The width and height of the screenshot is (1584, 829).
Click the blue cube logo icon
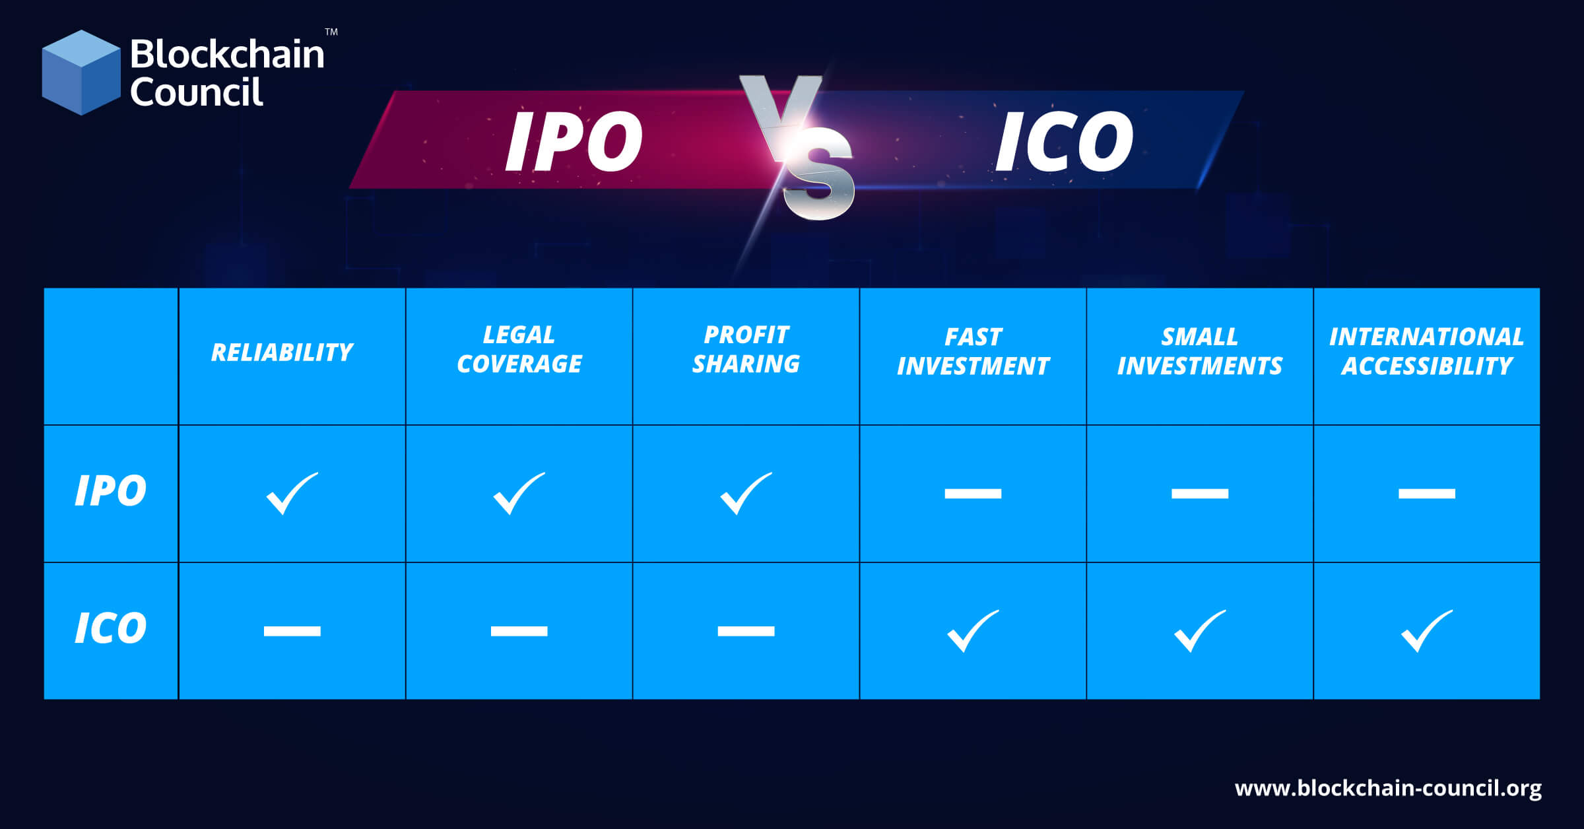[81, 73]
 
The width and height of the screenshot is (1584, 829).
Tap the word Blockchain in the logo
[227, 54]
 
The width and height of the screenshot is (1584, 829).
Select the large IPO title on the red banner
[574, 141]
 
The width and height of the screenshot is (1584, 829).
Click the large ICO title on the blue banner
[1064, 141]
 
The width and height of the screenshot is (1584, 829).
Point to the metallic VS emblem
[801, 149]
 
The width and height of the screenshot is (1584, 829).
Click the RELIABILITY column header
[282, 352]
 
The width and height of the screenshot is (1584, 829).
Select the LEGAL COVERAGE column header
[519, 349]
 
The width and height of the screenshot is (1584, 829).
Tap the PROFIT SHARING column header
[746, 349]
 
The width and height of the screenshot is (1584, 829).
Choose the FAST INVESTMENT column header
[973, 351]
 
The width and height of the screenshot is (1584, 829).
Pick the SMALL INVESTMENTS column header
[1199, 351]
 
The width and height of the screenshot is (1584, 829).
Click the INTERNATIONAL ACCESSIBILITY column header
[1426, 351]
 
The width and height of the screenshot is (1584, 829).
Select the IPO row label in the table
[110, 491]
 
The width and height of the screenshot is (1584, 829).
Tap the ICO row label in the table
[110, 628]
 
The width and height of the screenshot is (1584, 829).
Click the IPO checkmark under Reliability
[291, 494]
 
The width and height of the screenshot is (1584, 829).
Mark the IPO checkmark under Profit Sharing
[745, 494]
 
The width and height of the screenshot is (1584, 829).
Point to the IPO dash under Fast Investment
[973, 494]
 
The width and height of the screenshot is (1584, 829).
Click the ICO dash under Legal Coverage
[519, 631]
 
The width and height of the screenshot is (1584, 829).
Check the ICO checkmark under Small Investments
[1199, 631]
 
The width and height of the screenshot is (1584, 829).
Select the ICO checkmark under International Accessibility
[1426, 631]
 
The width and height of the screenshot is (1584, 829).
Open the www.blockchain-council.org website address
[1388, 788]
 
